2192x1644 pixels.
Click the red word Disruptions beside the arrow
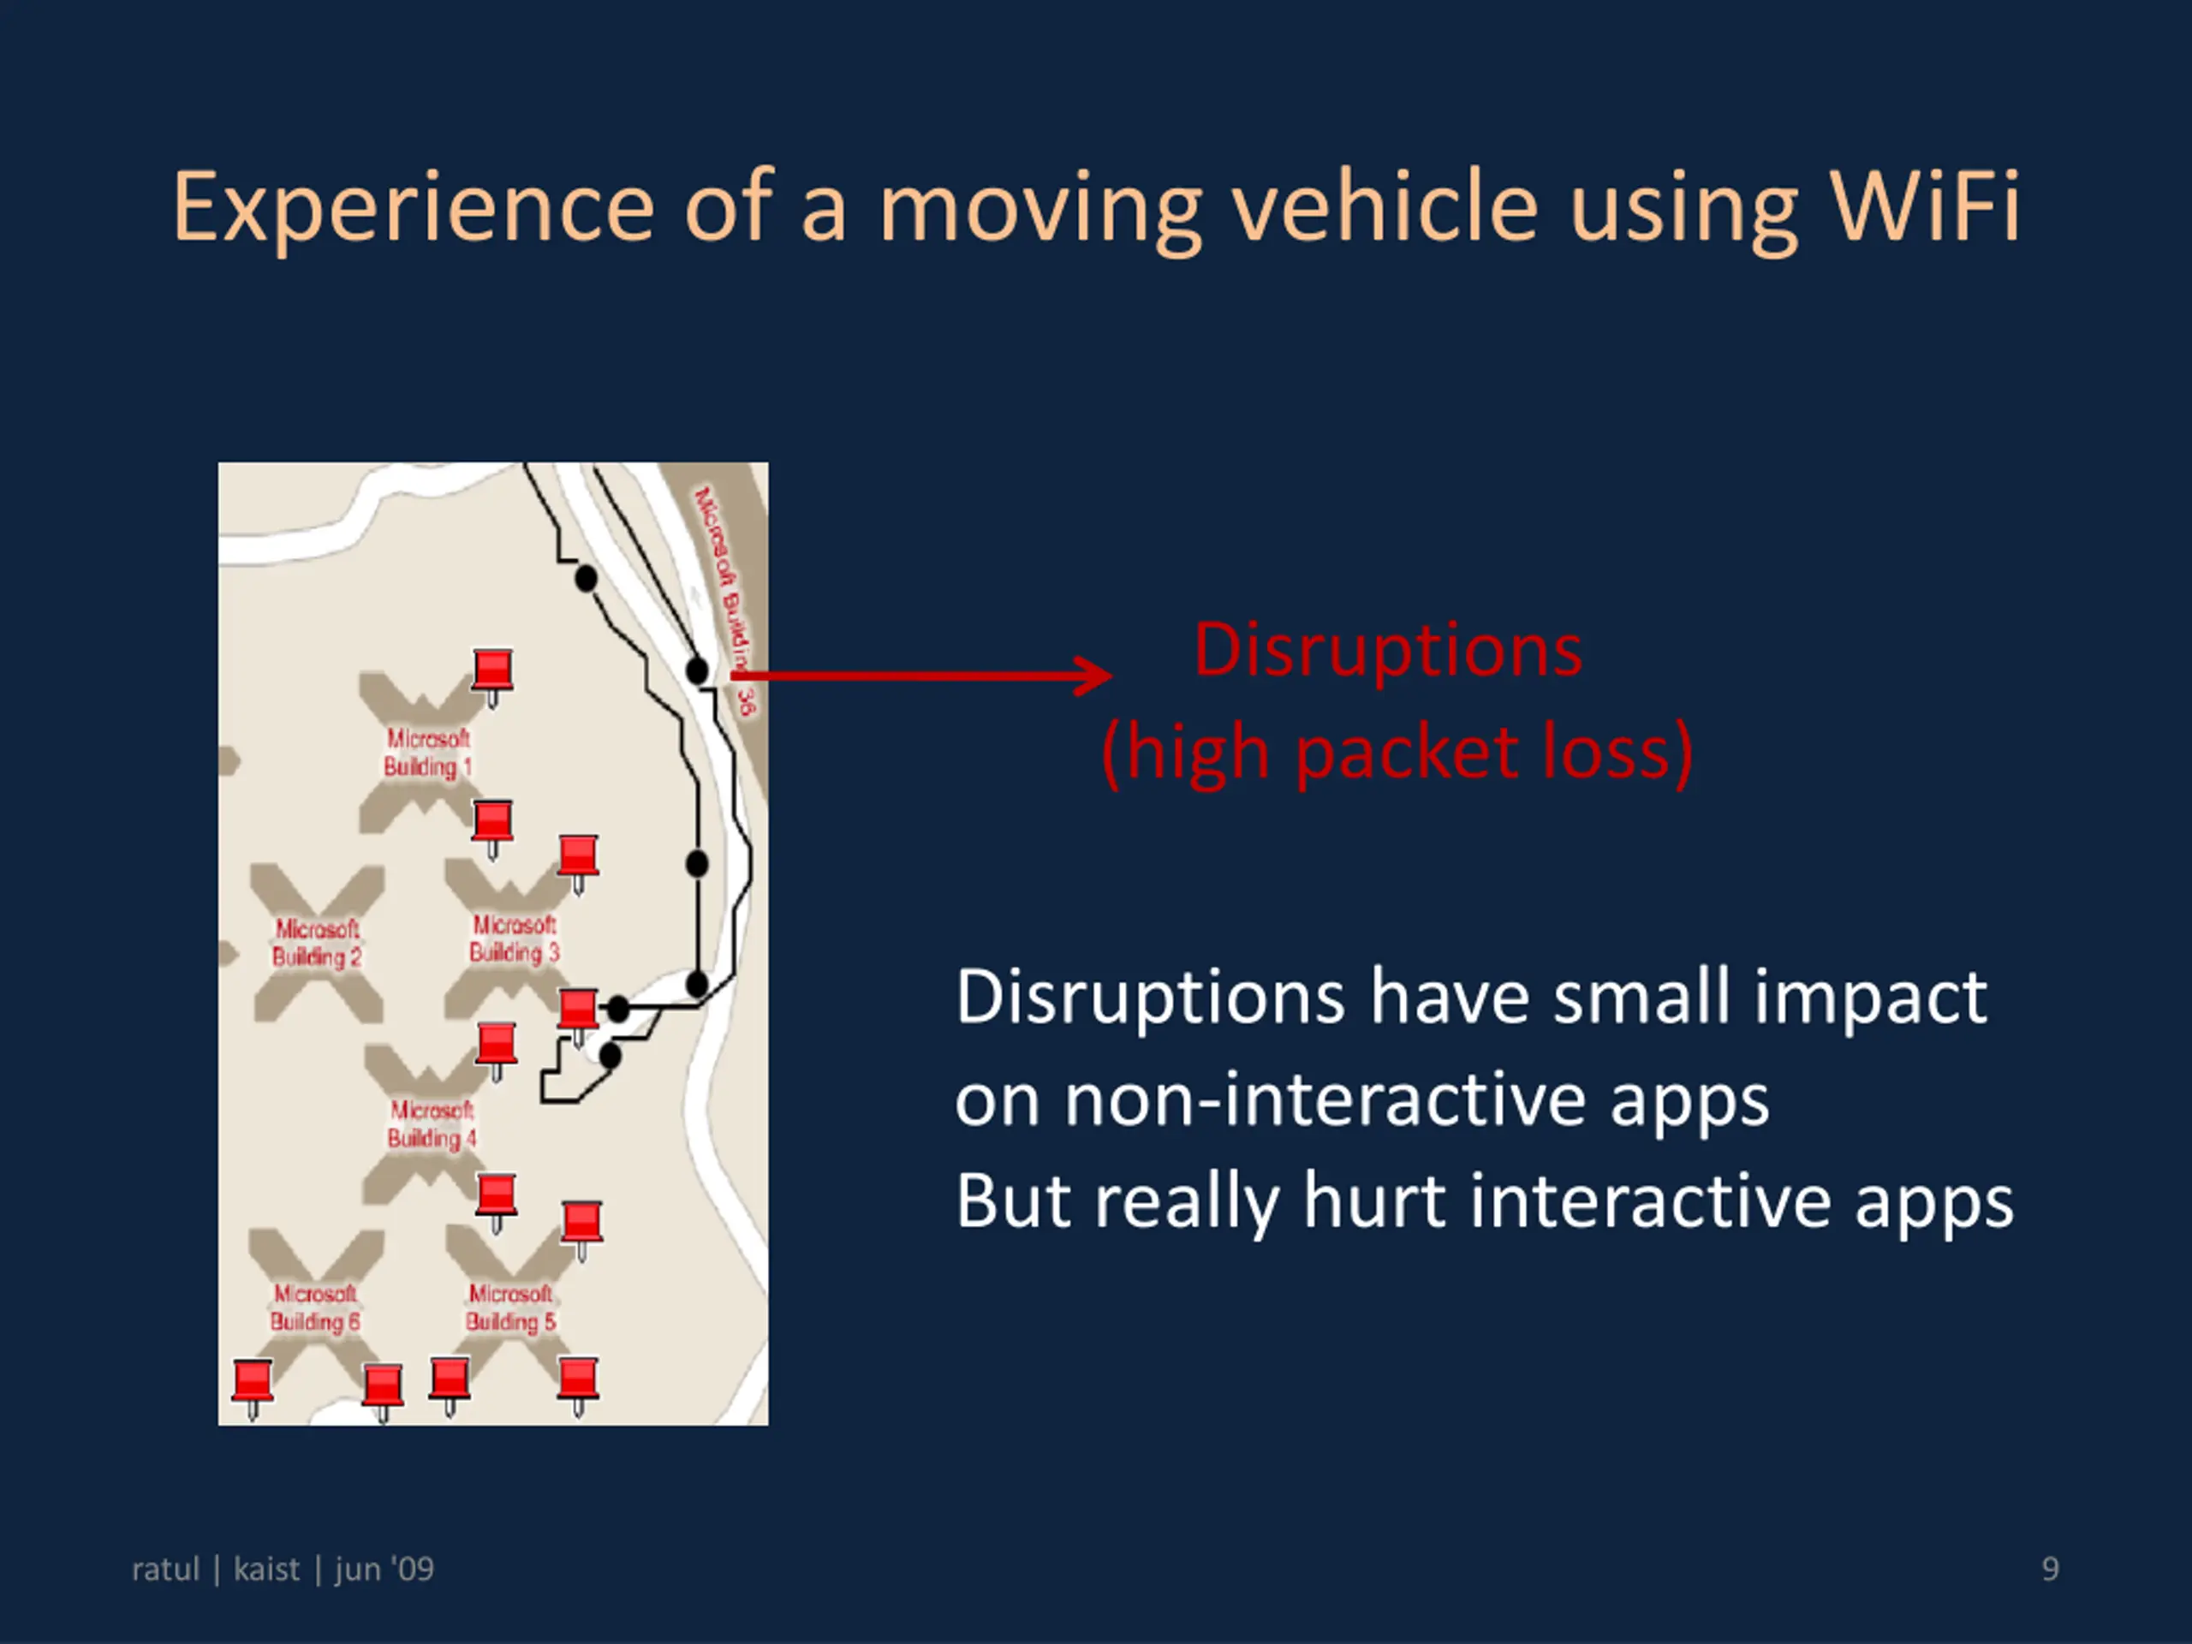[1387, 651]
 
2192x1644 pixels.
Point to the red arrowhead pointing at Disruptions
[1095, 676]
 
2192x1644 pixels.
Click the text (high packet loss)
[1397, 753]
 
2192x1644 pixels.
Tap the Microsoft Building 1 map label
[427, 753]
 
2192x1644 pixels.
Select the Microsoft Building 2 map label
[317, 943]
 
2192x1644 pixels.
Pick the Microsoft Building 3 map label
[515, 938]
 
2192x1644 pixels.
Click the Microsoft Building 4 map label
[432, 1123]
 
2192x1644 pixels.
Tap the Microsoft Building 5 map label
[510, 1307]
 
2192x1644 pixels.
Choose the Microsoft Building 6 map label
[315, 1307]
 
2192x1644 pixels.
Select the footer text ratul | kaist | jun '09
[283, 1569]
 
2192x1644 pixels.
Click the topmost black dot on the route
[587, 579]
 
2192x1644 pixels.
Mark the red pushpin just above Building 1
[492, 671]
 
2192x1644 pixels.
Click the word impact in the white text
[1870, 997]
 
